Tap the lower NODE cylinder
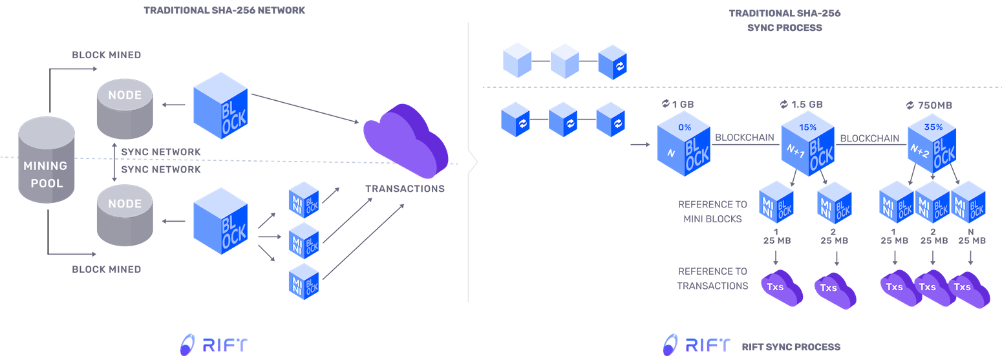[125, 217]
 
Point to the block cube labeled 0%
[684, 147]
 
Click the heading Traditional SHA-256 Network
[224, 11]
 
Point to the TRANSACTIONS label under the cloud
[405, 189]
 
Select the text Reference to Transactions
[712, 279]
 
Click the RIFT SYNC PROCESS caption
[791, 347]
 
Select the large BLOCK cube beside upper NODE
[220, 109]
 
